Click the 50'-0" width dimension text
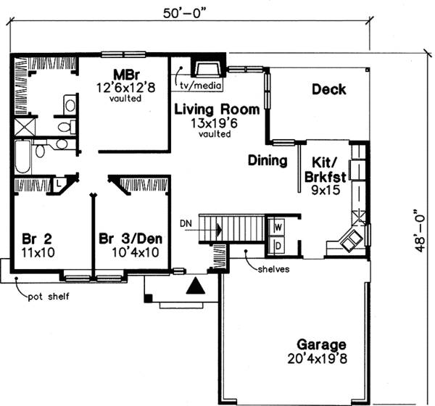coord(178,12)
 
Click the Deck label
coord(328,90)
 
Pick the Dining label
coord(268,160)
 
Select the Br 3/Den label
coord(130,239)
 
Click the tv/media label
coord(196,85)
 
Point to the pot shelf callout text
coord(49,297)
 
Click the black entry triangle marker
coord(194,287)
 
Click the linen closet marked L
coord(59,185)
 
